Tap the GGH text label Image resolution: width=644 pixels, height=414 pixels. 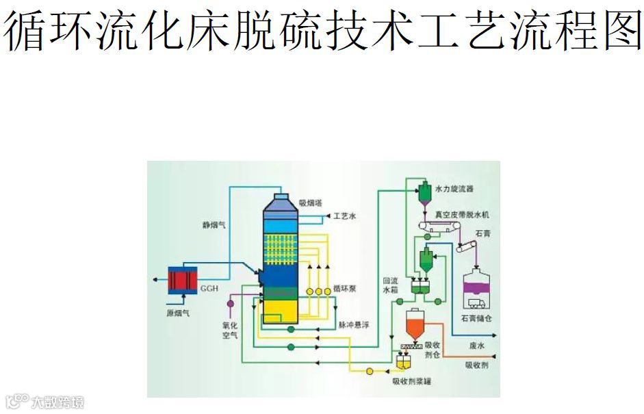[209, 289]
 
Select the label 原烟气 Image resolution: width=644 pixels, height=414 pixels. [178, 313]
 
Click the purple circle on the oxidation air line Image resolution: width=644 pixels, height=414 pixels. [230, 303]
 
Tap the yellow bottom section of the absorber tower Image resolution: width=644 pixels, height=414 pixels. [281, 311]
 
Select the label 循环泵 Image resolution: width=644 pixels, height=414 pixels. [345, 289]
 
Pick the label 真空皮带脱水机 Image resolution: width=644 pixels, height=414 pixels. [462, 215]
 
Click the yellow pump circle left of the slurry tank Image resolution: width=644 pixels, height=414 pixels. [370, 372]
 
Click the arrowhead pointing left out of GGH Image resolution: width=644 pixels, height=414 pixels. [153, 280]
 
